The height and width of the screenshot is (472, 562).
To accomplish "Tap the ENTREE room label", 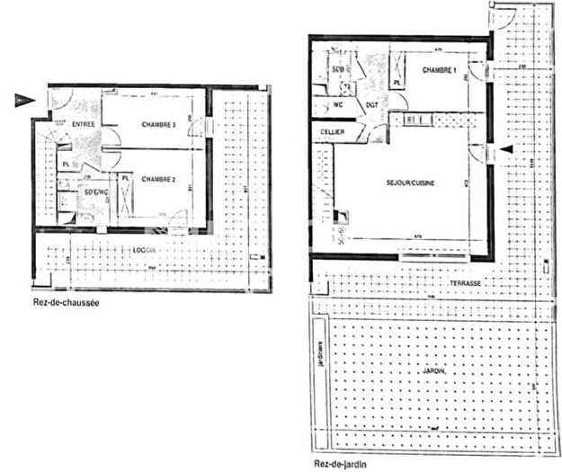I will pyautogui.click(x=84, y=125).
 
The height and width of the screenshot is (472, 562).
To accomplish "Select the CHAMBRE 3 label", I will pyautogui.click(x=157, y=124).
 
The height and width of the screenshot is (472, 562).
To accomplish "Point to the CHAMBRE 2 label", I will pyautogui.click(x=157, y=179).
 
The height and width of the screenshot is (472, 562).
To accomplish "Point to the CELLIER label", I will pyautogui.click(x=334, y=132).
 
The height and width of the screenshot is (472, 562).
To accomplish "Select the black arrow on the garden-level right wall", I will pyautogui.click(x=508, y=150).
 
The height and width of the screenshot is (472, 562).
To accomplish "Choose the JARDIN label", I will pyautogui.click(x=431, y=369).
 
